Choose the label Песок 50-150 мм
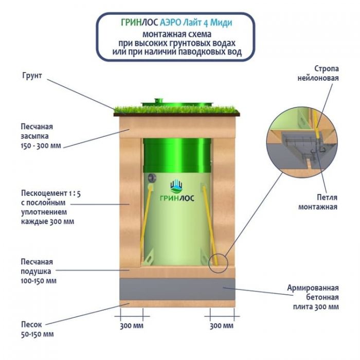[x=37, y=329]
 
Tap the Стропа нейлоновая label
[x=319, y=73]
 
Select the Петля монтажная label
[x=318, y=202]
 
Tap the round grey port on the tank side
[x=152, y=177]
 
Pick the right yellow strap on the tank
[x=210, y=226]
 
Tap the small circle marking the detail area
[x=219, y=262]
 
